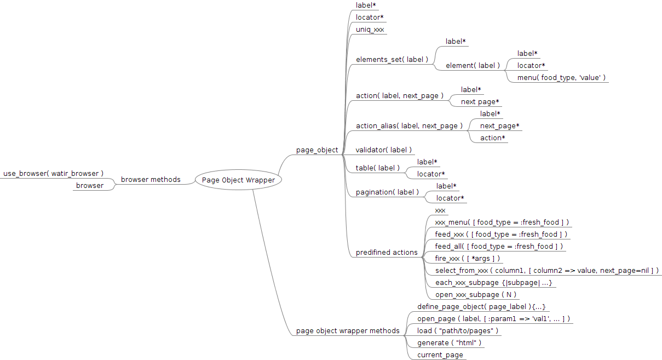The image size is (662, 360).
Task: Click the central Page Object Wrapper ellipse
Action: [238, 180]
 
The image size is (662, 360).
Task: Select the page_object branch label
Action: [317, 150]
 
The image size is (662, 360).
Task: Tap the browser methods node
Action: [151, 180]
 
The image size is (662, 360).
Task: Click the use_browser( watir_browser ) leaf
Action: [53, 174]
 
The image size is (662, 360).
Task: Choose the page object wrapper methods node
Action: [348, 331]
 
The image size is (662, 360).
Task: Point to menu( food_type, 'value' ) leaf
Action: [561, 77]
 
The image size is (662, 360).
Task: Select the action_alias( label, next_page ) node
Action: [409, 126]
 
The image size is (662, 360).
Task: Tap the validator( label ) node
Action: [383, 150]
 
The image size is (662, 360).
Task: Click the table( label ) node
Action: [378, 168]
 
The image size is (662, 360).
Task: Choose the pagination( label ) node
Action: [387, 192]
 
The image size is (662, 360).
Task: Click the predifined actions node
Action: [387, 253]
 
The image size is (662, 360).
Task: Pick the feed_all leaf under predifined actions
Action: [499, 247]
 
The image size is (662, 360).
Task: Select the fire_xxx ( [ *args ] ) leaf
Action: [467, 259]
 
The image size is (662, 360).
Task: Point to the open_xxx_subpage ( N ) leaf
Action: [475, 295]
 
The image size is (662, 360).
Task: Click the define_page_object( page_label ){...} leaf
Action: [481, 307]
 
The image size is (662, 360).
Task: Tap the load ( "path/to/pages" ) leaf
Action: [457, 331]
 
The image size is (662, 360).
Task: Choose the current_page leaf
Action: [440, 355]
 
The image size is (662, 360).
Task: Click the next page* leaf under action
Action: [480, 102]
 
